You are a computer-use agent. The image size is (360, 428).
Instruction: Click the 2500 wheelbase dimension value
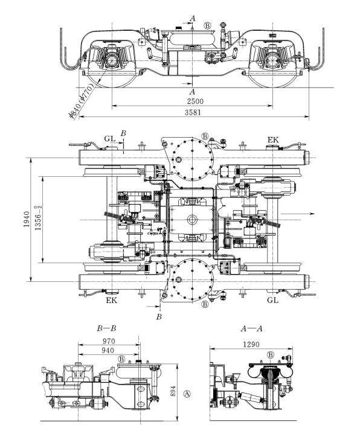[195, 101]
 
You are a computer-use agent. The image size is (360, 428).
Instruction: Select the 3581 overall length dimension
[193, 112]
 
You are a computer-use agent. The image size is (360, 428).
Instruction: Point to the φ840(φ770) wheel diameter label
[82, 100]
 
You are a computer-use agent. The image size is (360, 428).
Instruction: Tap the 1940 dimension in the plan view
[27, 219]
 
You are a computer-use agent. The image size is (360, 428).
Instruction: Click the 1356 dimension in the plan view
[38, 219]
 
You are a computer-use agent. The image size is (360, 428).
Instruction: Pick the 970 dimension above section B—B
[109, 341]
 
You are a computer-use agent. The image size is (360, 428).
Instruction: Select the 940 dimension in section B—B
[108, 351]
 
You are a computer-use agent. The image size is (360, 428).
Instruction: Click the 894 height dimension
[173, 391]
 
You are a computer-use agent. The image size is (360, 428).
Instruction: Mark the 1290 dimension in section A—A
[251, 345]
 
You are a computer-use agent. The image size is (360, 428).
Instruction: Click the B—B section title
[106, 328]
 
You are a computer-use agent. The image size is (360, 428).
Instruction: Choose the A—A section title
[251, 328]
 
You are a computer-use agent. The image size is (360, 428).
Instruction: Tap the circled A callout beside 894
[187, 394]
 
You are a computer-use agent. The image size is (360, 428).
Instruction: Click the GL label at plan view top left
[110, 139]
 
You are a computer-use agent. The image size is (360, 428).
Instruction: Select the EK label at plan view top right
[273, 140]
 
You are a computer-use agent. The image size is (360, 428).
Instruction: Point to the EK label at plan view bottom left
[111, 301]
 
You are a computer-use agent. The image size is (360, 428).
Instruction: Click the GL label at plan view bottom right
[272, 300]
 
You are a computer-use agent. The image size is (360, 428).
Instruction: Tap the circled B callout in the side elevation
[208, 26]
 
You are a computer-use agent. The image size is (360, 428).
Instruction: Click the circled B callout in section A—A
[270, 355]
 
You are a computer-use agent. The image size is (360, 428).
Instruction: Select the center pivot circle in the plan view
[192, 220]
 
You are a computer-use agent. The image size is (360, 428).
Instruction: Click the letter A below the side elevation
[193, 91]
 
